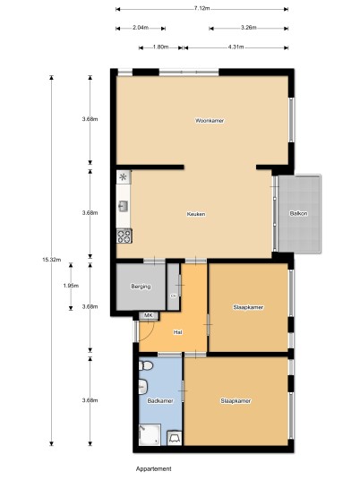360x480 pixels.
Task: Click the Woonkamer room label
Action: pos(210,121)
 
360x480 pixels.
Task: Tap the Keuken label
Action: pos(196,214)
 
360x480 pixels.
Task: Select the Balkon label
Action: pos(298,213)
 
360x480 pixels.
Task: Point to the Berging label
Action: pos(141,287)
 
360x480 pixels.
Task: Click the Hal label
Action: pos(178,332)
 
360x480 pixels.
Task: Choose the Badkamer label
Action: pos(160,400)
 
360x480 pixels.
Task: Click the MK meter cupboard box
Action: pos(149,315)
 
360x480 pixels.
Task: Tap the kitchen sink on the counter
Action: pos(124,206)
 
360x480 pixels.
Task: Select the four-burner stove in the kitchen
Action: pos(124,236)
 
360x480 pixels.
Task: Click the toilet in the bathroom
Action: pos(146,365)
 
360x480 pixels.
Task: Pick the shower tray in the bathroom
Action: pos(150,434)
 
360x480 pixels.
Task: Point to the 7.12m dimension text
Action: pos(201,8)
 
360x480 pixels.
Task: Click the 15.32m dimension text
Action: pos(51,260)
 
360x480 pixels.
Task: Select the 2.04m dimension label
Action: pos(141,28)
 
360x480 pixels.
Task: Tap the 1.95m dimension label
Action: pos(71,286)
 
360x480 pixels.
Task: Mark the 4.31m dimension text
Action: pos(236,47)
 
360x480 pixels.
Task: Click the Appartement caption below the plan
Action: pos(154,468)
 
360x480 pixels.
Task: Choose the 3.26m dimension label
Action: pos(248,28)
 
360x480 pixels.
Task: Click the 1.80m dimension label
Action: pos(160,47)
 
